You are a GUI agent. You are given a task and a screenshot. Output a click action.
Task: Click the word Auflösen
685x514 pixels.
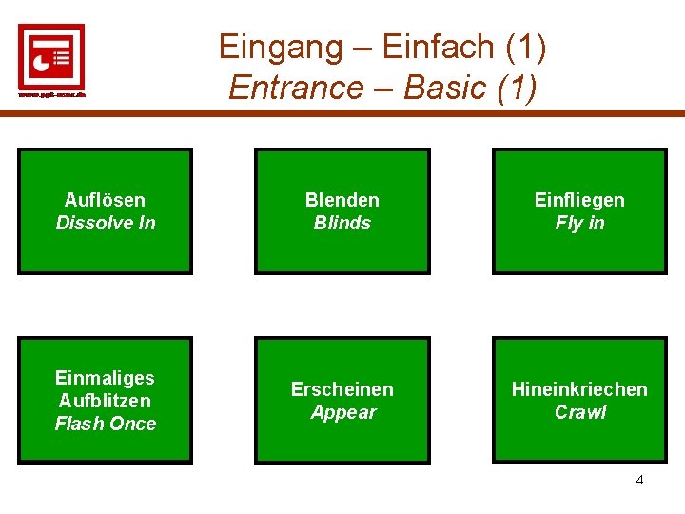pos(105,200)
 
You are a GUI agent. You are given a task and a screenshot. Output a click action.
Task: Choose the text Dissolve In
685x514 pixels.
pos(105,223)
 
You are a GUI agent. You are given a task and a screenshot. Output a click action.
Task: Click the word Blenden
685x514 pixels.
pos(342,200)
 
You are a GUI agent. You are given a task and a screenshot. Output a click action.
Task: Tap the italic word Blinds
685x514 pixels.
pos(342,223)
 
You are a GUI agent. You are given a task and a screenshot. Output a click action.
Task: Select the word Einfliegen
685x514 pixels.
pos(579,200)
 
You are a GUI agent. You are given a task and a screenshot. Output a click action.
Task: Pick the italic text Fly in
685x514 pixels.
pos(579,223)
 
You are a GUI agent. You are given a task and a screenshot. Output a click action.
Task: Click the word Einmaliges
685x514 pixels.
pos(105,378)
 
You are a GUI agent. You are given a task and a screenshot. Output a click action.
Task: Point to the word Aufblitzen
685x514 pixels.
pos(105,401)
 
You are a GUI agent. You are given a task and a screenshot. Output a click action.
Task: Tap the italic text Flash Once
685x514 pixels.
pos(105,424)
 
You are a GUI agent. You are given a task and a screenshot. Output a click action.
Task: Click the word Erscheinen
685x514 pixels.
pos(342,389)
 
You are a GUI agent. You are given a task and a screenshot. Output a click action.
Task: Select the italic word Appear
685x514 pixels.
pos(342,412)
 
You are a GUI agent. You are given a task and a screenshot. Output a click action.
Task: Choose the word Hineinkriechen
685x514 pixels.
pos(579,389)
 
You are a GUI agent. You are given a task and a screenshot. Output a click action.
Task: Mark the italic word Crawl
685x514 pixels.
pos(579,412)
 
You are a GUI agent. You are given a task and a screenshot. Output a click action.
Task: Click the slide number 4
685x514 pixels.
pos(639,480)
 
